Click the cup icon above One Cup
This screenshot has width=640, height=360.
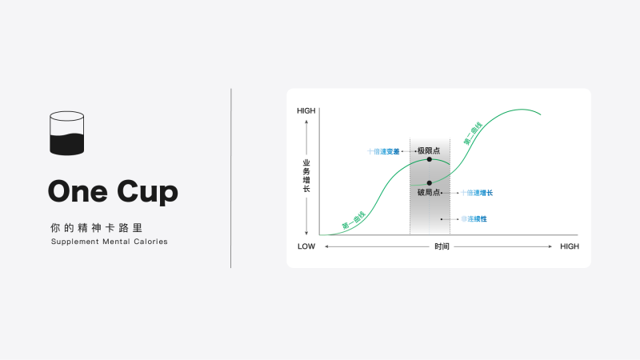coord(66,133)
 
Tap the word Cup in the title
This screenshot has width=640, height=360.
coord(148,192)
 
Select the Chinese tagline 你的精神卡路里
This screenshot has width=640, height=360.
coord(97,227)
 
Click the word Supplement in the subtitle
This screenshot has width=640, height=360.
coord(74,242)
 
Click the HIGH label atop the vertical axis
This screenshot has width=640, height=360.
coord(306,110)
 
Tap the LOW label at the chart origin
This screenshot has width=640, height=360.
coord(306,246)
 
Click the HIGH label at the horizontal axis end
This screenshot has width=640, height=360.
coord(569,246)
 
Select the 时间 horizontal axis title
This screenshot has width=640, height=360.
coord(442,246)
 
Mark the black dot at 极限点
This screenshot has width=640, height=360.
coord(430,159)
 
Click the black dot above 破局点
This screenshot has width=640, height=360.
coord(430,183)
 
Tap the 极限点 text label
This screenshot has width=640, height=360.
coord(429,150)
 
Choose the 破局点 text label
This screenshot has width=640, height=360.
coord(429,193)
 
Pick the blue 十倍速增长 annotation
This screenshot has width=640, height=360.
coord(477,193)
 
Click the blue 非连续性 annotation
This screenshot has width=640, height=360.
coord(474,218)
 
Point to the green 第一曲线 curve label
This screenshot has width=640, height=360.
coord(354,221)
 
